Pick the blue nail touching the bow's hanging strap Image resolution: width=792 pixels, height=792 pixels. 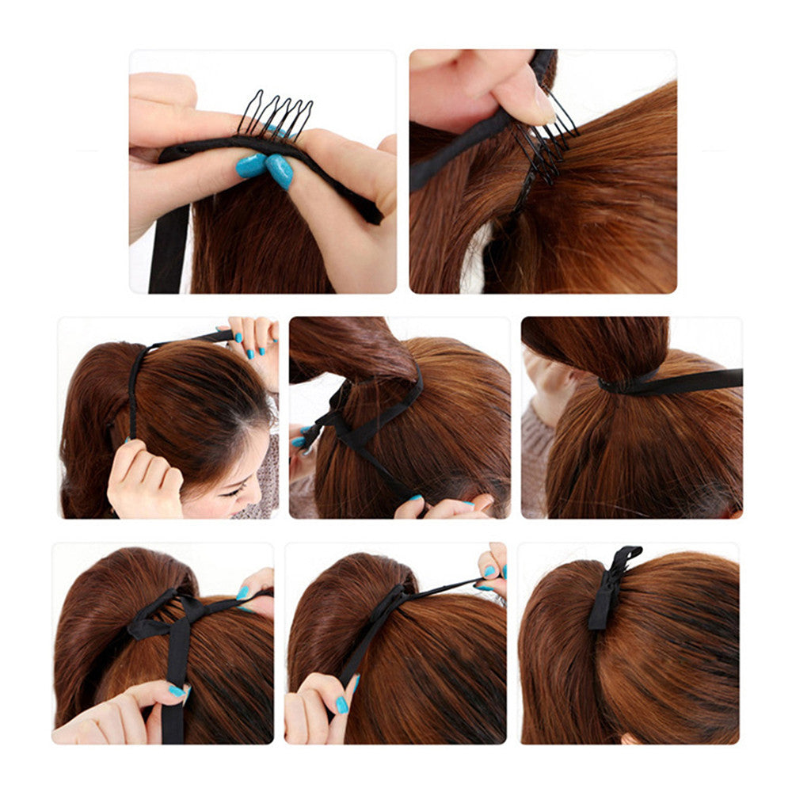click(177, 691)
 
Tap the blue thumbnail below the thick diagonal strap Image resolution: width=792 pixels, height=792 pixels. click(341, 704)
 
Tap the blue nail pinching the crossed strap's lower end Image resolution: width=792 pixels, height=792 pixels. click(413, 498)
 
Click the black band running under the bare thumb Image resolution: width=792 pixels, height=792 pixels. click(459, 143)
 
